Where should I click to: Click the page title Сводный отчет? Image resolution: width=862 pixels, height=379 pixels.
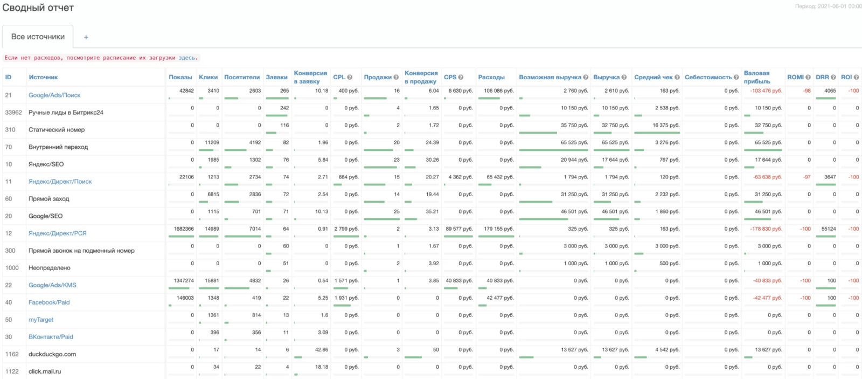point(38,8)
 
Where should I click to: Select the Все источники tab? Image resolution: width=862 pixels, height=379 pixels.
point(38,37)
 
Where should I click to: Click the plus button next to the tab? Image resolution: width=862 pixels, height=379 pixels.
point(86,37)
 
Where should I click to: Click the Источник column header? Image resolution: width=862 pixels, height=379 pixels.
point(43,77)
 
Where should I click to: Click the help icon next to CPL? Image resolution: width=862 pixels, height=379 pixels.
point(350,77)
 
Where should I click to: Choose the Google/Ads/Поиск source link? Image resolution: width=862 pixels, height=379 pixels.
point(54,95)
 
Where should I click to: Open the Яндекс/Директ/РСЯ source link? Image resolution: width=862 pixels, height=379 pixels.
point(58,233)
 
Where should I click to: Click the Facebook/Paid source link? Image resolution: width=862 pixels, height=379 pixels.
point(49,302)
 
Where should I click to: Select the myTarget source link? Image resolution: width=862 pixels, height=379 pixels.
point(41,320)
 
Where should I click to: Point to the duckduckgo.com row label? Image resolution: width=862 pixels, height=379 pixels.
point(52,354)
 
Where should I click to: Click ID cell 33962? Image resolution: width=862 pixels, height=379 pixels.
point(13,113)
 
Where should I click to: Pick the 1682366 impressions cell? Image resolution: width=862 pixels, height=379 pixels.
point(184,229)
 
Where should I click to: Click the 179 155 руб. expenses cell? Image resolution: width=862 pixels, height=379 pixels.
point(499,229)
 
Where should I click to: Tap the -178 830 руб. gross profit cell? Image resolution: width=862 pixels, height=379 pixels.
point(766,229)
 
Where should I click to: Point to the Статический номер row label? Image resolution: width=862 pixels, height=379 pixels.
point(57,130)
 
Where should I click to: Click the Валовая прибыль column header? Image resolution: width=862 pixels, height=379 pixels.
point(757,77)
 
